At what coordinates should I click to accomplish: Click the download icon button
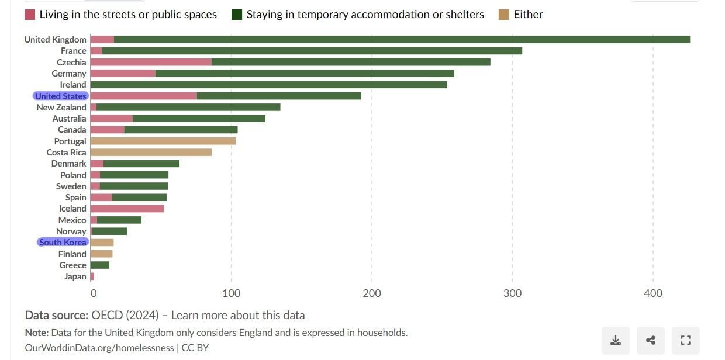click(x=615, y=340)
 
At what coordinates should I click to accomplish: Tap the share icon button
click(x=651, y=340)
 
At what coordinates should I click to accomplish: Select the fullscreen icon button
click(x=686, y=340)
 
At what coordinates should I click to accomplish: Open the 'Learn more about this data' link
click(x=237, y=315)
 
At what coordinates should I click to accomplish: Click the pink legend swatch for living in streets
click(x=30, y=15)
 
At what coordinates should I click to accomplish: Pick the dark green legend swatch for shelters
click(x=237, y=15)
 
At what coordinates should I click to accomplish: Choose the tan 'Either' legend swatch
click(x=504, y=15)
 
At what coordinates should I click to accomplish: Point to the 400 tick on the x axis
click(x=653, y=293)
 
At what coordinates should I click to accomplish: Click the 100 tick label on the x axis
click(x=232, y=293)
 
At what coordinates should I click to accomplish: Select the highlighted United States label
click(x=60, y=96)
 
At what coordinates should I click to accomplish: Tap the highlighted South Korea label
click(x=63, y=242)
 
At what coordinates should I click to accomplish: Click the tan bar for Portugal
click(x=163, y=141)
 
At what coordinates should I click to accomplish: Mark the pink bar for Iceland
click(x=127, y=209)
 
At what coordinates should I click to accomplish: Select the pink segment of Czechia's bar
click(x=151, y=62)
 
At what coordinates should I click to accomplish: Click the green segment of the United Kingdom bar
click(x=402, y=40)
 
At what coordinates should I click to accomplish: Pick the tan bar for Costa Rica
click(x=151, y=153)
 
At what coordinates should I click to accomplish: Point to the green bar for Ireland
click(x=269, y=85)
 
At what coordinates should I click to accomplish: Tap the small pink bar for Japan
click(x=92, y=276)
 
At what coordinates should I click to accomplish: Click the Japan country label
click(x=75, y=276)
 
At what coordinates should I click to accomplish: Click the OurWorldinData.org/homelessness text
click(x=99, y=348)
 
